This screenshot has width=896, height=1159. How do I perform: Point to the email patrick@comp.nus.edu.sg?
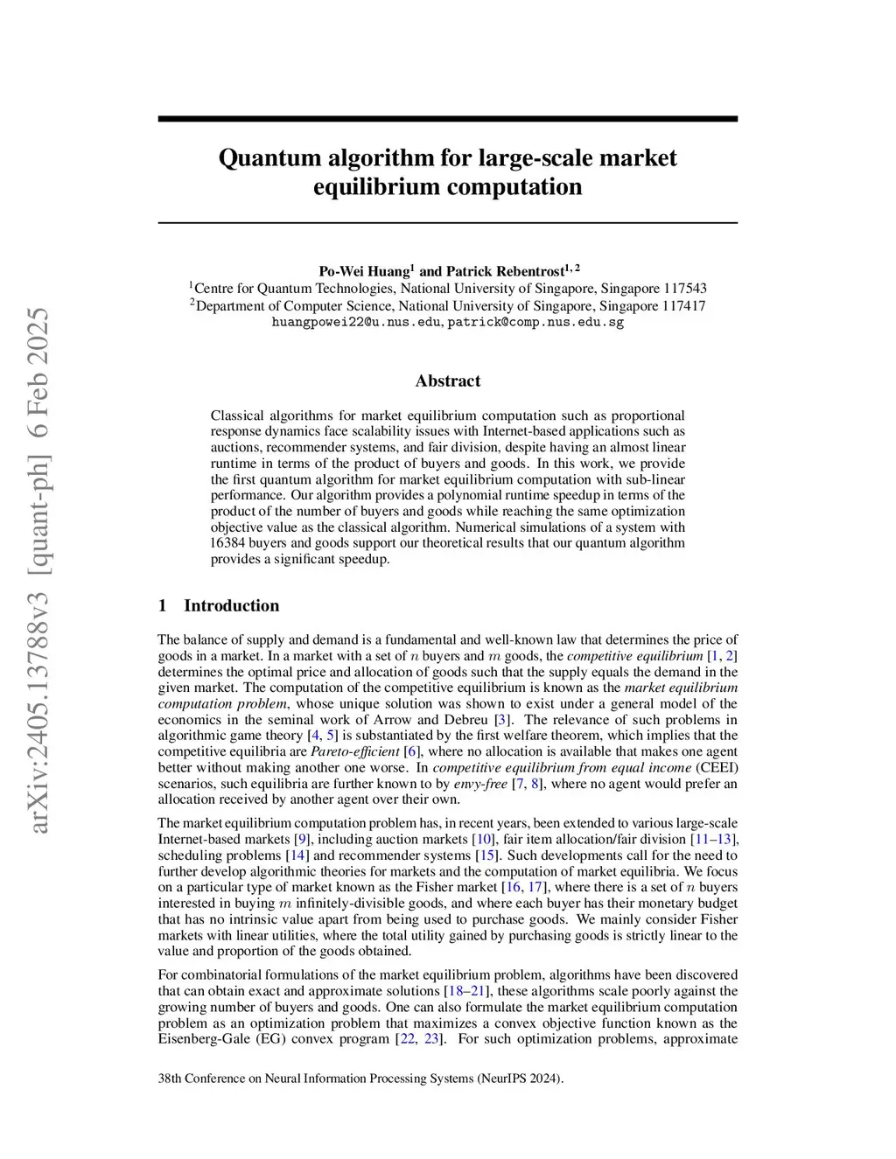(535, 322)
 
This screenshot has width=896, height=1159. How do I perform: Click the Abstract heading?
(447, 381)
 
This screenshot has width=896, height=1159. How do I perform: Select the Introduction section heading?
(231, 605)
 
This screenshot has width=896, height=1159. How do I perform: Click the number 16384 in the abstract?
(230, 543)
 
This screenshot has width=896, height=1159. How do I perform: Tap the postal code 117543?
(685, 289)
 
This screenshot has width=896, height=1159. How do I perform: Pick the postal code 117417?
(683, 306)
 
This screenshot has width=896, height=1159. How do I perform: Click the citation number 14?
(297, 855)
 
